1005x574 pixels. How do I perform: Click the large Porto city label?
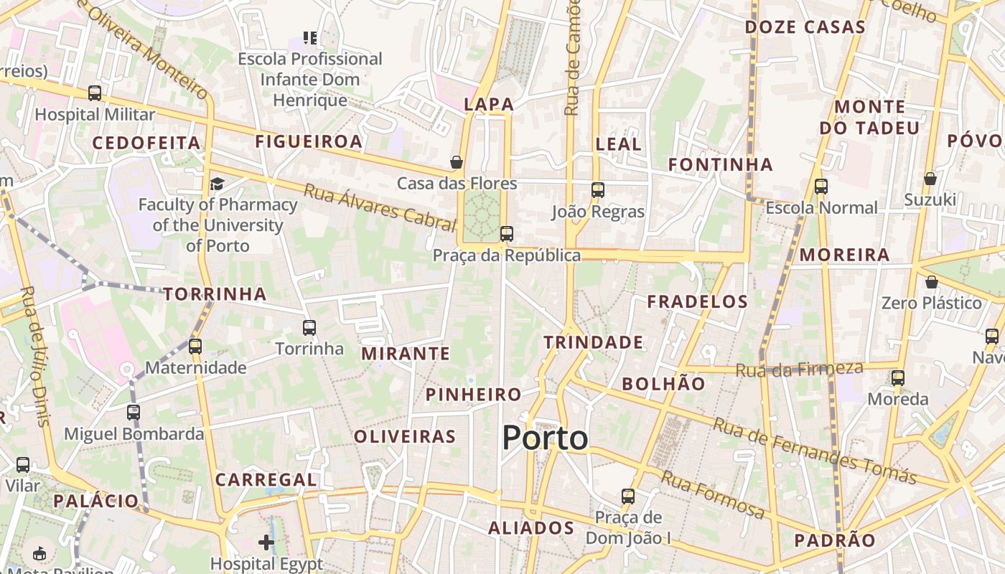pyautogui.click(x=545, y=438)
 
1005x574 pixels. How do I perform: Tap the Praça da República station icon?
pyautogui.click(x=507, y=233)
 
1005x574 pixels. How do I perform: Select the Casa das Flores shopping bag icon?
pyautogui.click(x=456, y=162)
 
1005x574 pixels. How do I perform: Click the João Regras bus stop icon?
pyautogui.click(x=598, y=190)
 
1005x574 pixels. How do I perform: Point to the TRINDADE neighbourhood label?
pyautogui.click(x=593, y=342)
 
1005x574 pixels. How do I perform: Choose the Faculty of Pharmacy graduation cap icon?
pyautogui.click(x=217, y=184)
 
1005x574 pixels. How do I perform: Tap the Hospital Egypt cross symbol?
pyautogui.click(x=266, y=542)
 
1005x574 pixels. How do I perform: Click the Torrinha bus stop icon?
pyautogui.click(x=309, y=328)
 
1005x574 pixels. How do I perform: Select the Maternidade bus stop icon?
pyautogui.click(x=195, y=347)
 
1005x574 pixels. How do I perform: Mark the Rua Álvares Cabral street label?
pyautogui.click(x=380, y=208)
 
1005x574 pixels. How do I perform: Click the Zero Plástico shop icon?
pyautogui.click(x=931, y=282)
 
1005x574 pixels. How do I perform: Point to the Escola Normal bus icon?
pyautogui.click(x=821, y=187)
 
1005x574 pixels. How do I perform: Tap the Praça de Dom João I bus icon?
pyautogui.click(x=628, y=496)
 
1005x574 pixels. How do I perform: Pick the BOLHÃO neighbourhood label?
pyautogui.click(x=663, y=384)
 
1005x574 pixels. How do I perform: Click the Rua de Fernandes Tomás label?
pyautogui.click(x=815, y=451)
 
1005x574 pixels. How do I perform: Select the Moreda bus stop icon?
pyautogui.click(x=897, y=378)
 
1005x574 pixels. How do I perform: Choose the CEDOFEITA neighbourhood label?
pyautogui.click(x=146, y=143)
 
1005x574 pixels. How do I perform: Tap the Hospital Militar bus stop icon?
pyautogui.click(x=95, y=93)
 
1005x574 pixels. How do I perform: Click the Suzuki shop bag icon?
pyautogui.click(x=930, y=179)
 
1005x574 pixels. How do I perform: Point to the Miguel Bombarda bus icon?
pyautogui.click(x=134, y=413)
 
